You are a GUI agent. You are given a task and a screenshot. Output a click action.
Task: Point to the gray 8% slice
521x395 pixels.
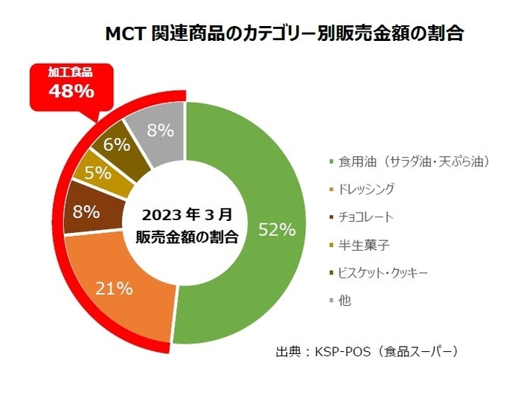(158, 130)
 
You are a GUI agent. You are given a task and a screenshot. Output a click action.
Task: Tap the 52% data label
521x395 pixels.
(277, 230)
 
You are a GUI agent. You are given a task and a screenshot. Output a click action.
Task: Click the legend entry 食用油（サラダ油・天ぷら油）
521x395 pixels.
(414, 161)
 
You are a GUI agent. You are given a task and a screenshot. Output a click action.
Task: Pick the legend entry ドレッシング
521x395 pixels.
(366, 189)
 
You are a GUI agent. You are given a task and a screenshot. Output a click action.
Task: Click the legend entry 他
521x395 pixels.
(344, 301)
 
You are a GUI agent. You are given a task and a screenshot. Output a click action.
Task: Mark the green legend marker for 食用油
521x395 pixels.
(328, 161)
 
